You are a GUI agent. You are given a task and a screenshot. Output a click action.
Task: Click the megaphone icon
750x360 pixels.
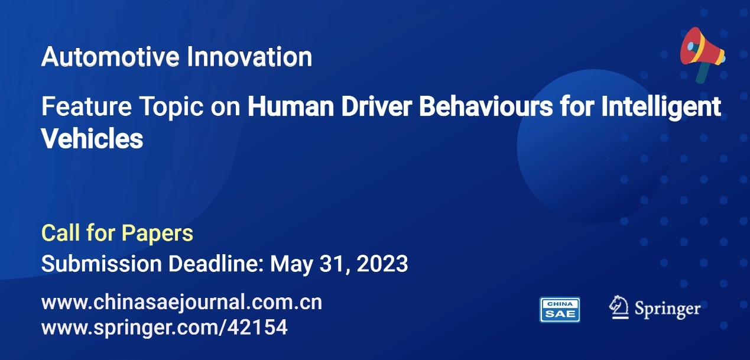(703, 54)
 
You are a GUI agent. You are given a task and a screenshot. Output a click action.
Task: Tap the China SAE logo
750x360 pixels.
(560, 310)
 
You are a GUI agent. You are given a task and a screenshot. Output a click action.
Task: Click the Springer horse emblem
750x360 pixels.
(619, 307)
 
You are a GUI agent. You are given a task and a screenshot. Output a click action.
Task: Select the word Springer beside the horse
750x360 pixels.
(668, 309)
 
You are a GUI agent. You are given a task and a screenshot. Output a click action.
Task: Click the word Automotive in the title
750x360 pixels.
(110, 57)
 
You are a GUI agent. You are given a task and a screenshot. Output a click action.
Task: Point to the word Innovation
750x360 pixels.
(249, 57)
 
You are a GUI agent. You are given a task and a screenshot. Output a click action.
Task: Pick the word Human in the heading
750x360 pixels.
(291, 106)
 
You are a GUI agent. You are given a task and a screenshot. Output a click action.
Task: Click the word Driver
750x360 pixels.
(376, 106)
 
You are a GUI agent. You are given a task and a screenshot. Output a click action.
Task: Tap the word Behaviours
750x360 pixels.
(486, 106)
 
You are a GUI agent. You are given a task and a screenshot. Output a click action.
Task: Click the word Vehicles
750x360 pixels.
(92, 139)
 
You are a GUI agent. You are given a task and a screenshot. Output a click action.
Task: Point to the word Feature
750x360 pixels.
(86, 106)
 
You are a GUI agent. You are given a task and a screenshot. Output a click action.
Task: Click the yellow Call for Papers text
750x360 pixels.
(117, 233)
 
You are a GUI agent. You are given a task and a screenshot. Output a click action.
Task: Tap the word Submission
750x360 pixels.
(102, 264)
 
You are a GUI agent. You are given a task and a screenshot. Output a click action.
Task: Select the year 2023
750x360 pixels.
(382, 264)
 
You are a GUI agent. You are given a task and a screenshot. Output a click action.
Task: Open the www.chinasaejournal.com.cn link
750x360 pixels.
(182, 303)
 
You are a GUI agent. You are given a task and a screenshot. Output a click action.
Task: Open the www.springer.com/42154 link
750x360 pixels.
(164, 327)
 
